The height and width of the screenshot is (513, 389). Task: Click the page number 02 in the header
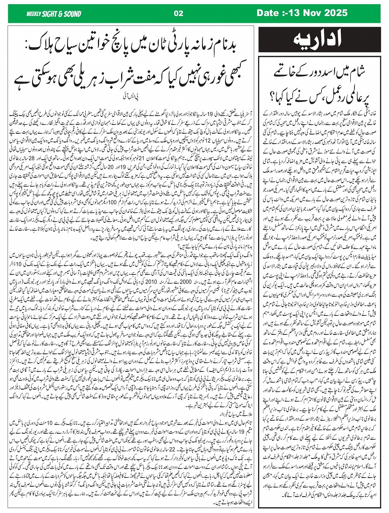tap(178, 13)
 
